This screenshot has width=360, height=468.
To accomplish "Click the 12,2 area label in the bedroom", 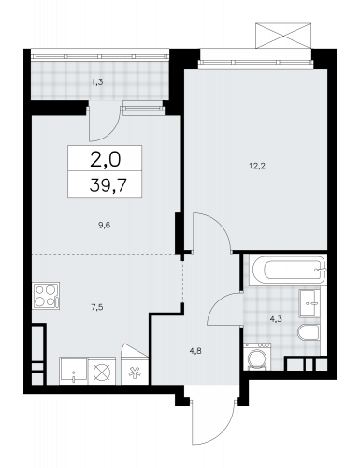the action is [256, 166].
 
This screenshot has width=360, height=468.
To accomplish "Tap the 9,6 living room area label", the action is [105, 225].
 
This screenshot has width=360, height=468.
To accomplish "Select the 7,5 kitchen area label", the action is [97, 307].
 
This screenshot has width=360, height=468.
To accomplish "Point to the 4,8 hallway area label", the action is [195, 351].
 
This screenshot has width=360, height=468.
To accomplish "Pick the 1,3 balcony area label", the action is [97, 82].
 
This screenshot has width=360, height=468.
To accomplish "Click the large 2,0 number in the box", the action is [105, 159].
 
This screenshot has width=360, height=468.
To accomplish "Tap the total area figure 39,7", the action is [108, 185].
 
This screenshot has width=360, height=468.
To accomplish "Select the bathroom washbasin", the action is [310, 303].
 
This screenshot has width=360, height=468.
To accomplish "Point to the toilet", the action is [309, 331].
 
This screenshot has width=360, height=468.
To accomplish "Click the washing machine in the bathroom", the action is [257, 357].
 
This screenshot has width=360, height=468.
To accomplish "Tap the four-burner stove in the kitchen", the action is [46, 296].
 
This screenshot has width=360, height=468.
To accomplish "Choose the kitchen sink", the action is [74, 371].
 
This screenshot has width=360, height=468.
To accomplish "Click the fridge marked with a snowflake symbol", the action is [135, 371].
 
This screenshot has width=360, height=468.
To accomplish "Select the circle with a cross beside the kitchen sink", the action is [102, 373].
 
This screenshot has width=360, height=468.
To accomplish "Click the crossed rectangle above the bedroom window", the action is [283, 36].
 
